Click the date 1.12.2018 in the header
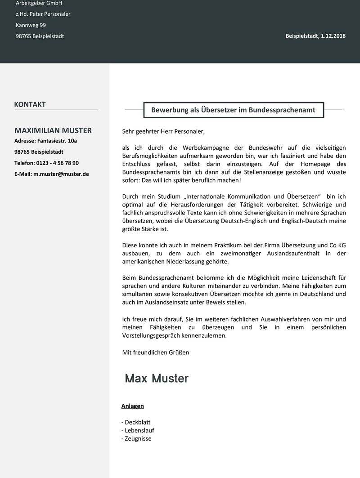333,36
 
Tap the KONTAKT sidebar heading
30,104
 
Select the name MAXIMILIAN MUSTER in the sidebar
53,130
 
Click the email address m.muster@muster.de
61,174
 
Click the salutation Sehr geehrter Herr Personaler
163,131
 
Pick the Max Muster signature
157,378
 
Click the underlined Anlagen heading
133,406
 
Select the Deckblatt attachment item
136,422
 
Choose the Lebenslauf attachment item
138,430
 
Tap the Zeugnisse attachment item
136,438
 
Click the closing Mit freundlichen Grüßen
156,352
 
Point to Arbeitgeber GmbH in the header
39,3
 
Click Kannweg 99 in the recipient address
31,25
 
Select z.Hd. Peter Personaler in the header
43,14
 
